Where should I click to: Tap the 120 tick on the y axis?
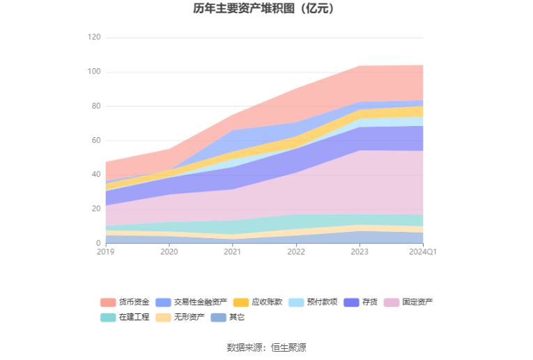click(x=94, y=38)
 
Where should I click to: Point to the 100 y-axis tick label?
click(x=94, y=72)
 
